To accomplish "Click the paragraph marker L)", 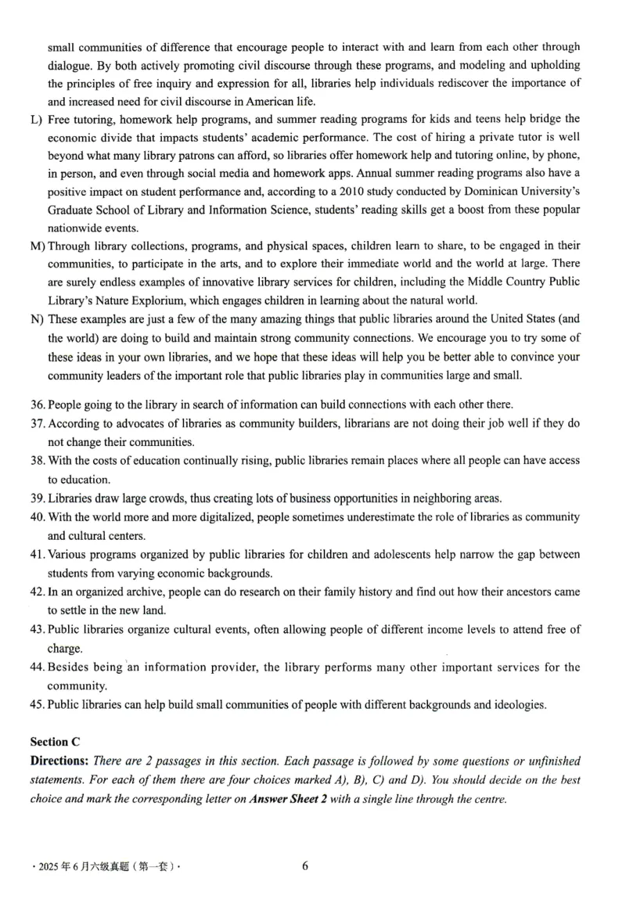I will click(36, 119).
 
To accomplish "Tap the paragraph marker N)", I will click(37, 318).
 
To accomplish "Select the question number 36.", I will click(38, 405).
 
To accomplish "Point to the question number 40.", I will click(38, 517).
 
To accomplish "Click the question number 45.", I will click(38, 705).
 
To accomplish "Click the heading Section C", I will click(55, 741).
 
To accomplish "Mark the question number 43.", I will click(38, 630).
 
